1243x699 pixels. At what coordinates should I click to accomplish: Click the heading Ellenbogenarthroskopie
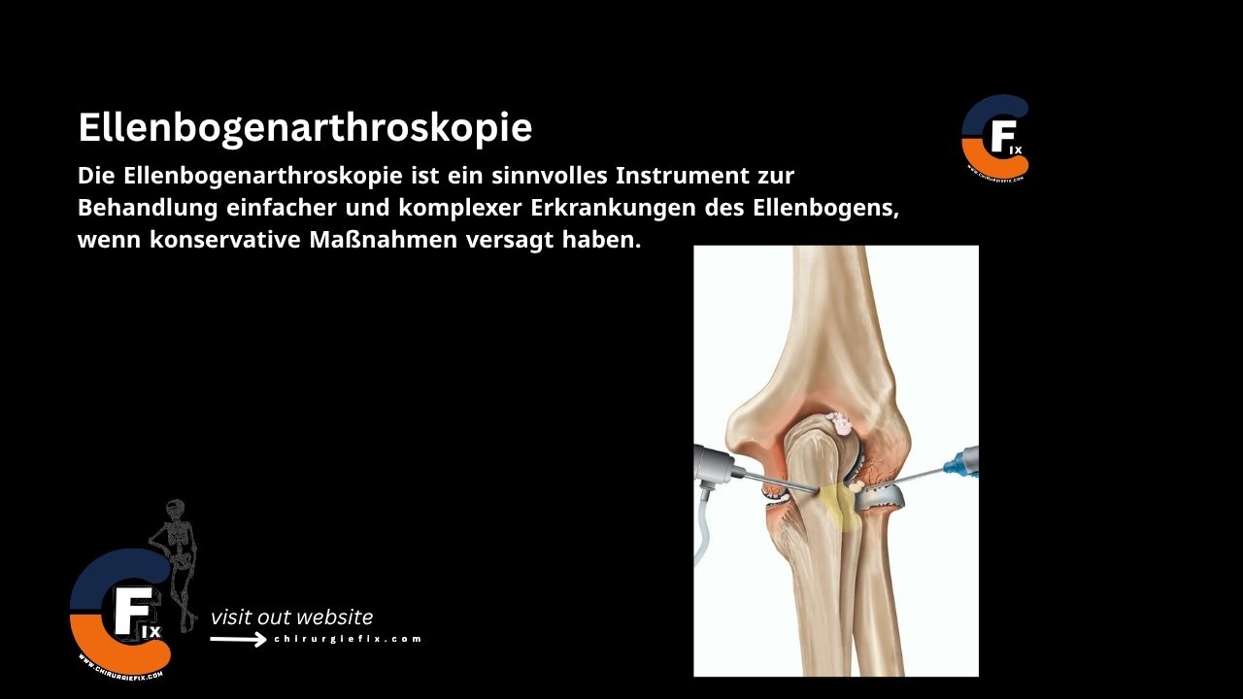[305, 128]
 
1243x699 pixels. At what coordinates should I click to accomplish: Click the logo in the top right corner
[994, 138]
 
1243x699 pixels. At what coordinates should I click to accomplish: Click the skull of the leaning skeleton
[175, 509]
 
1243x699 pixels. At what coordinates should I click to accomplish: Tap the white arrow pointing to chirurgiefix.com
[239, 639]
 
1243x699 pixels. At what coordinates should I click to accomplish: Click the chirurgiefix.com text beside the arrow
[348, 639]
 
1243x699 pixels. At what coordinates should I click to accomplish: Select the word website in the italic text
[334, 617]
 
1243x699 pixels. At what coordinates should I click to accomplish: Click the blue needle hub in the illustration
[965, 459]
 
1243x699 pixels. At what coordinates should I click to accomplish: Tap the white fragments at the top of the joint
[838, 423]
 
